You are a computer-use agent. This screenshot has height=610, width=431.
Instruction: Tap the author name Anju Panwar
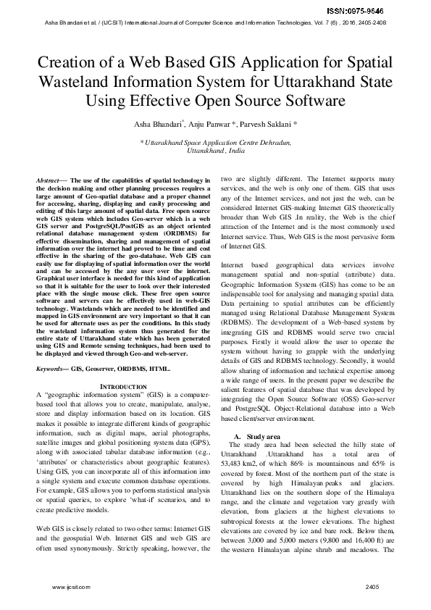click(213, 125)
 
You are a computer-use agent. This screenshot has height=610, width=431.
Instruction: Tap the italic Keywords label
click(52, 369)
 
